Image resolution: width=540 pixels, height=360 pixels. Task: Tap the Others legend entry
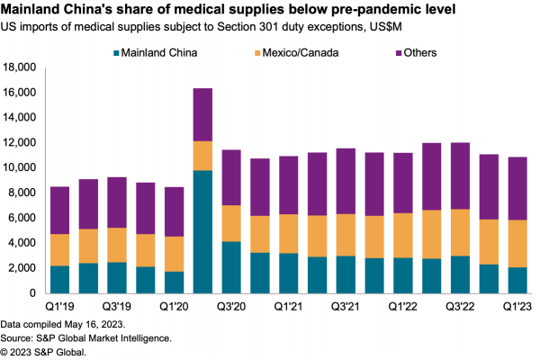tap(420, 52)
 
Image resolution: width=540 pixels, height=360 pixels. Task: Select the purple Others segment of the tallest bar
tap(203, 114)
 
